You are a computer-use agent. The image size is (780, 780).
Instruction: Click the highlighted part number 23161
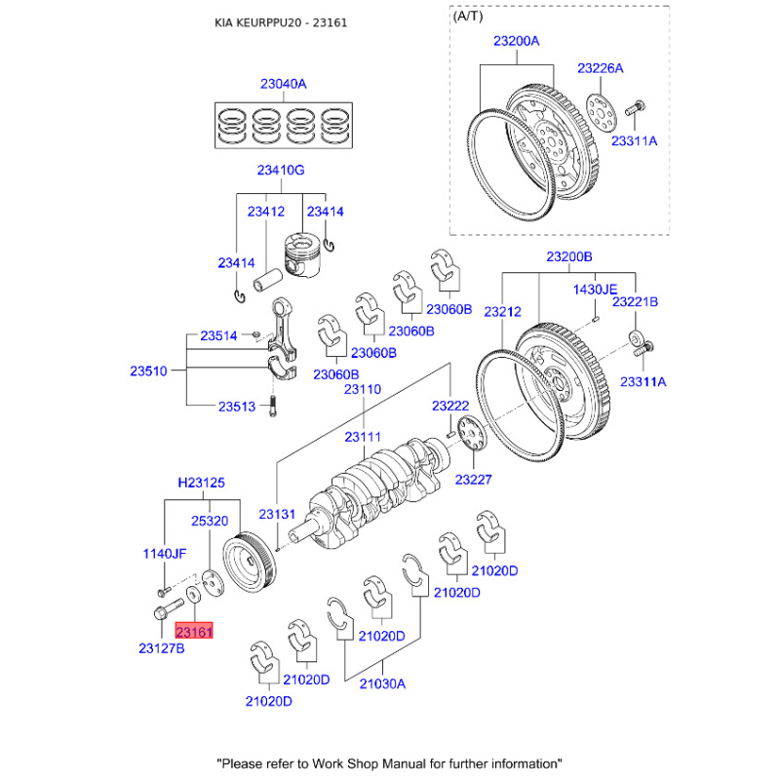pos(194,632)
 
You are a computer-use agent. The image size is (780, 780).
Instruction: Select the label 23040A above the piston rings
pos(283,85)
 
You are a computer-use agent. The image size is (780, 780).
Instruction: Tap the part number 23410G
pos(281,171)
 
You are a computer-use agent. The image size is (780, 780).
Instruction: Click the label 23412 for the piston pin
pos(265,211)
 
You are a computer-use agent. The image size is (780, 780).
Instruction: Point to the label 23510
pos(149,370)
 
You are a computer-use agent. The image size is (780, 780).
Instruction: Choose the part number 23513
pos(237,407)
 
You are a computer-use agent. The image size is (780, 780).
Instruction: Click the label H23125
pos(201,482)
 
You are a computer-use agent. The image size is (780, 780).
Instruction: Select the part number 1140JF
pos(165,553)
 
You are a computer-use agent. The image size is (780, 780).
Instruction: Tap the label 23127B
pos(160,647)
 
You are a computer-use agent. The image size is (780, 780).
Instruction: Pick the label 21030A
pos(381,683)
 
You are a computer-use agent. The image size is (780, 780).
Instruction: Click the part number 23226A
pos(600,68)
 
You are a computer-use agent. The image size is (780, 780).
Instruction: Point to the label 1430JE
pos(595,290)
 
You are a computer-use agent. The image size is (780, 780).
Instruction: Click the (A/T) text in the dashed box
pos(468,18)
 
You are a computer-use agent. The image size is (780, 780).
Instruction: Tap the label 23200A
pos(516,42)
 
